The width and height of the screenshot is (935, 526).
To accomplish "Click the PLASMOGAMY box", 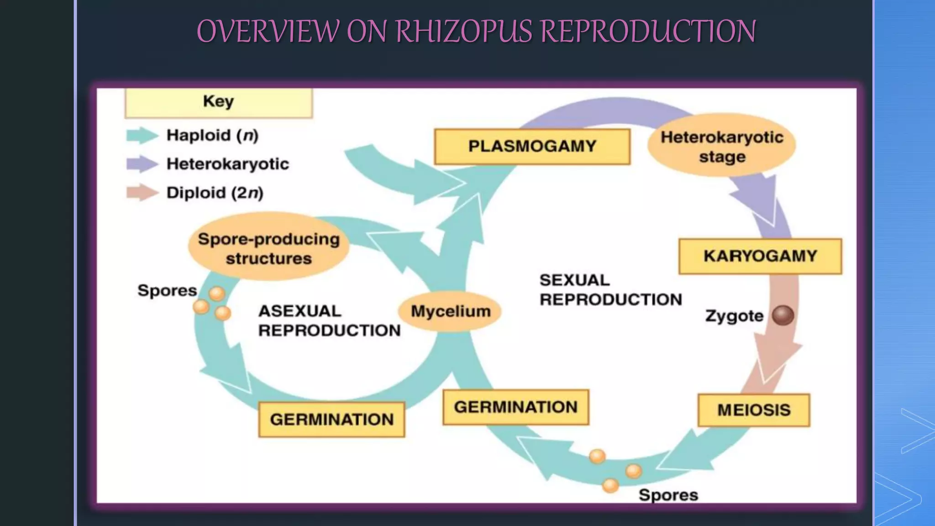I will [x=532, y=147].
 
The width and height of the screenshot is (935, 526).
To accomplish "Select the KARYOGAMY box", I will [x=760, y=256].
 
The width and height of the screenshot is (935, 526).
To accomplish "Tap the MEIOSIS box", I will [x=754, y=410].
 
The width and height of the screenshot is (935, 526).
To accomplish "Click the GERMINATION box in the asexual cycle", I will [x=331, y=420].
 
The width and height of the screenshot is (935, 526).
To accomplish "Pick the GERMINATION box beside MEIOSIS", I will [x=516, y=407].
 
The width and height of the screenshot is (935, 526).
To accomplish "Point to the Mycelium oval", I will [x=450, y=311].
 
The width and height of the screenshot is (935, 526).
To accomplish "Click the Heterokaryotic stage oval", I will [x=722, y=146].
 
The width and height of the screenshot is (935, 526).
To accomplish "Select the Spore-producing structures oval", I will [x=269, y=248].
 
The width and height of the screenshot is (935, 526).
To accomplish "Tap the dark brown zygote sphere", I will [x=783, y=316].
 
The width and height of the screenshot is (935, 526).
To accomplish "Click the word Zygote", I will [x=734, y=316].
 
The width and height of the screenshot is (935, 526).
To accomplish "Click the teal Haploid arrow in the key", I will [x=142, y=136].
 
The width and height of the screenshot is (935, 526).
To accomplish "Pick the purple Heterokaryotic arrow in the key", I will [x=142, y=164].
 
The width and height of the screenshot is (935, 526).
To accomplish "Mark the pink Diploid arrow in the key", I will [x=142, y=193].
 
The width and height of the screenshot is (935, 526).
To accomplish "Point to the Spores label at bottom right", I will [x=668, y=495].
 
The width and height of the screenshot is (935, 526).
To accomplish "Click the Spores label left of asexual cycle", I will [x=167, y=291].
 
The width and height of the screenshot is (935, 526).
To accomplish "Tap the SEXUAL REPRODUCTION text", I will [x=610, y=290].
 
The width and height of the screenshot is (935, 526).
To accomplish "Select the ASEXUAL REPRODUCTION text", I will [x=329, y=321].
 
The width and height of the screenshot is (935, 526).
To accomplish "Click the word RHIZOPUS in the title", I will [x=464, y=32].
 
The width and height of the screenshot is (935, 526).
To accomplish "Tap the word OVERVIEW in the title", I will [x=268, y=32].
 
